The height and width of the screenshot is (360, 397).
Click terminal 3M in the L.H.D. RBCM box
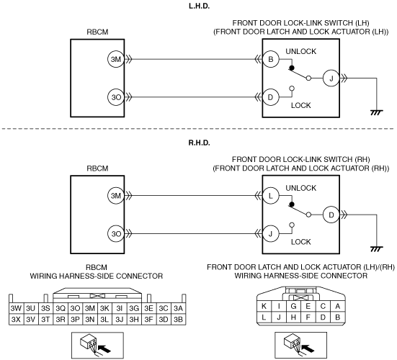pyautogui.click(x=116, y=59)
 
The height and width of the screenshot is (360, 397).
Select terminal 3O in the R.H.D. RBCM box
pyautogui.click(x=116, y=233)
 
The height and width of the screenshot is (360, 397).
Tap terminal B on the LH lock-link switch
pyautogui.click(x=271, y=59)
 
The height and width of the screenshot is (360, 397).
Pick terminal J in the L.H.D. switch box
pyautogui.click(x=331, y=78)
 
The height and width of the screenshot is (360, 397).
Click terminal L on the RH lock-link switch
pyautogui.click(x=271, y=196)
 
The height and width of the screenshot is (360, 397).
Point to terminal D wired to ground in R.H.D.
pyautogui.click(x=331, y=215)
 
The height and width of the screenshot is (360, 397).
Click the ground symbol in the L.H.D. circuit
pyautogui.click(x=377, y=112)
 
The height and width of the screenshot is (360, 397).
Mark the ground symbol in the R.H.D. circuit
pyautogui.click(x=377, y=249)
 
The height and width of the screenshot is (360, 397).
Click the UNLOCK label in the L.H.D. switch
pyautogui.click(x=300, y=51)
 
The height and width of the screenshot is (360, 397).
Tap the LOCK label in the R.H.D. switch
pyautogui.click(x=300, y=242)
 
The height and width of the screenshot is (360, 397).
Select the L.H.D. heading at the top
pyautogui.click(x=200, y=6)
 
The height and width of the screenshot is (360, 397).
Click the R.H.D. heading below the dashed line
pyautogui.click(x=200, y=143)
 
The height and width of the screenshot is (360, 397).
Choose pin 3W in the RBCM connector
pyautogui.click(x=16, y=308)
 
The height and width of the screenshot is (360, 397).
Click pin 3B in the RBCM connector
pyautogui.click(x=178, y=319)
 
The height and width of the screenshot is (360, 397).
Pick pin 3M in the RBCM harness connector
pyautogui.click(x=90, y=308)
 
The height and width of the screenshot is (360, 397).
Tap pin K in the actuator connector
pyautogui.click(x=264, y=306)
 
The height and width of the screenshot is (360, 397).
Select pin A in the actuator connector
pyautogui.click(x=337, y=306)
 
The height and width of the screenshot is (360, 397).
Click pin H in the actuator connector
pyautogui.click(x=293, y=318)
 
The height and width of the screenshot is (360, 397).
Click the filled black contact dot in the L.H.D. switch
pyautogui.click(x=292, y=68)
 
